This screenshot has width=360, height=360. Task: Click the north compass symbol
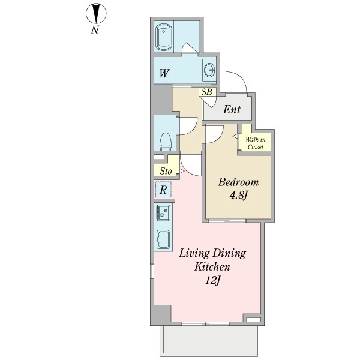pyautogui.click(x=96, y=13)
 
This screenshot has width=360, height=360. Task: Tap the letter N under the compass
pyautogui.click(x=95, y=30)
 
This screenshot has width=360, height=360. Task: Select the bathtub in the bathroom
pyautogui.click(x=163, y=37)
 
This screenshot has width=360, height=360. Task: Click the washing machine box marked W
pyautogui.click(x=164, y=73)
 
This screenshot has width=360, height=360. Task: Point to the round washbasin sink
pyautogui.click(x=209, y=70)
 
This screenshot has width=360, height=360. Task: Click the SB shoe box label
pyautogui.click(x=207, y=92)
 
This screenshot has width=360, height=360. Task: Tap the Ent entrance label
pyautogui.click(x=232, y=110)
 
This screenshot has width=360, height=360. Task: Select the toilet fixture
pyautogui.click(x=166, y=142)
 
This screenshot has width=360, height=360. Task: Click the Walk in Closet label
pyautogui.click(x=256, y=143)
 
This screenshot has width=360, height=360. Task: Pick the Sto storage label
pyautogui.click(x=166, y=171)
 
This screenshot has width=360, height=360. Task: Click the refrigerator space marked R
pyautogui.click(x=163, y=190)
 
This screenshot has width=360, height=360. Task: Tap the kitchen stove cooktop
pyautogui.click(x=163, y=213)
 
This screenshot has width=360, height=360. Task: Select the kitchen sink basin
pyautogui.click(x=163, y=239)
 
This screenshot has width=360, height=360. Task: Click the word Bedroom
pyautogui.click(x=238, y=182)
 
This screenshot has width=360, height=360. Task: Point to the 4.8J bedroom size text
pyautogui.click(x=238, y=196)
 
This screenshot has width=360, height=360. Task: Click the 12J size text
pyautogui.click(x=212, y=280)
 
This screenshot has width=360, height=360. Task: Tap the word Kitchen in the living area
pyautogui.click(x=212, y=267)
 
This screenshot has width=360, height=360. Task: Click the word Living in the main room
pyautogui.click(x=194, y=253)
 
